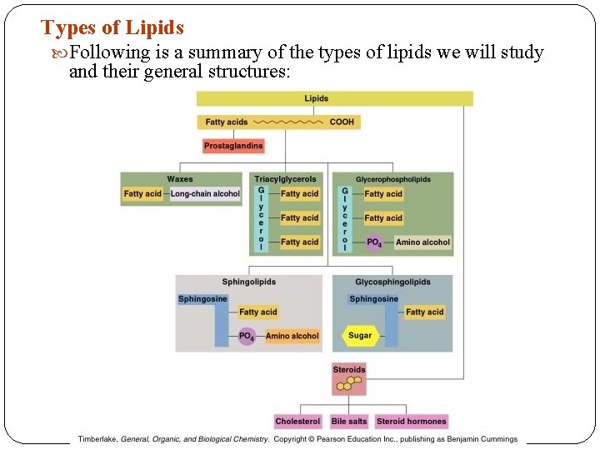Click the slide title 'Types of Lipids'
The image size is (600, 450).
[x=112, y=27]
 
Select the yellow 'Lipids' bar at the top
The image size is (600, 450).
[x=334, y=98]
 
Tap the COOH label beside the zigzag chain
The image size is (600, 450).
[x=342, y=122]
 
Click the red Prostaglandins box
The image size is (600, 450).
[x=233, y=146]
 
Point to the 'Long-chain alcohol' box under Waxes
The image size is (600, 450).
[x=205, y=194]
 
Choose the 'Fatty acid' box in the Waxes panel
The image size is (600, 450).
[x=142, y=194]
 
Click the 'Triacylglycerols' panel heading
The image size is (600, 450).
[x=285, y=179]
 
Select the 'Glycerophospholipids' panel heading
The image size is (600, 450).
[x=393, y=179]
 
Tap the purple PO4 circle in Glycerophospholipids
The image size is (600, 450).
[x=374, y=242]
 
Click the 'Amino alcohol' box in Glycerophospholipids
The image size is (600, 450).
[x=422, y=242]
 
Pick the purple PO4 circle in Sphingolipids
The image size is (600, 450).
[x=247, y=337]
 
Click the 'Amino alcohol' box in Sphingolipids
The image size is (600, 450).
[x=292, y=337]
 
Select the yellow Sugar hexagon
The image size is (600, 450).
[x=360, y=336]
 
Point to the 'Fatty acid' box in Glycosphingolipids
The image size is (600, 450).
[x=424, y=312]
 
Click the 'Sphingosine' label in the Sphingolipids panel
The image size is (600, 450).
[x=202, y=299]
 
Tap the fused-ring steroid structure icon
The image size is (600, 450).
[x=349, y=383]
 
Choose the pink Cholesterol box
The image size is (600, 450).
[x=297, y=422]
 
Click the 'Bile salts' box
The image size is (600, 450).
[x=348, y=422]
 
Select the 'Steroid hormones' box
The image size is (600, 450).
[x=412, y=422]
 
